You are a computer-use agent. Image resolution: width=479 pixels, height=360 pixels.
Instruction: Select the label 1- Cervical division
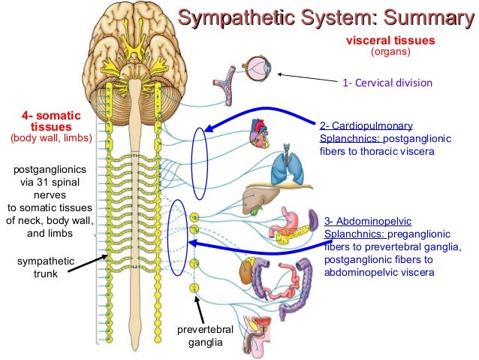(387, 83)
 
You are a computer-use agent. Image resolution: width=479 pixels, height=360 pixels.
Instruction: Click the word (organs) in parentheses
(390, 53)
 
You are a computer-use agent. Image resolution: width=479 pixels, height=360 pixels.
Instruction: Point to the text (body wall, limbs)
(50, 138)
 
